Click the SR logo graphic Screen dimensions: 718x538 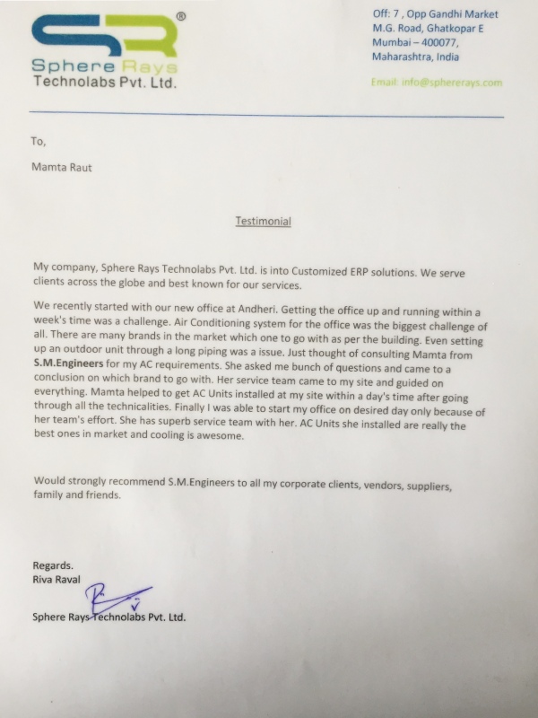coord(103,36)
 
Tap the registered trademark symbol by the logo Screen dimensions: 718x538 coord(181,16)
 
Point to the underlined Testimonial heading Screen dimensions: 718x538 coord(263,220)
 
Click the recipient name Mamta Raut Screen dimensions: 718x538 coord(62,166)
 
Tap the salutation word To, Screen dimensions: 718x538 coord(39,141)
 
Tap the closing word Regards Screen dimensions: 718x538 coord(53,565)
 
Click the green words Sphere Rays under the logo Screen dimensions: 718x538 coord(104,66)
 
